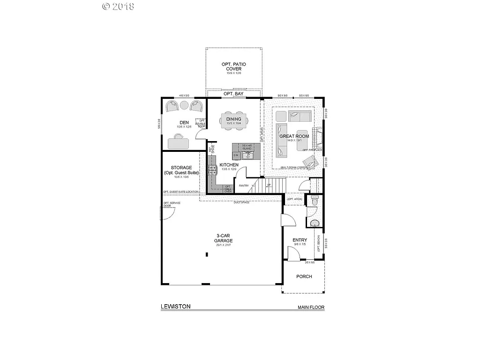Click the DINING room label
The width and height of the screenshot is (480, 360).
[233, 119]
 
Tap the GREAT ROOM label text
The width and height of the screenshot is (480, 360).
[294, 136]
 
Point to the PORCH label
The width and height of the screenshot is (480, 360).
[304, 277]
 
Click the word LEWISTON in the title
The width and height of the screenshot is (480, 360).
[175, 307]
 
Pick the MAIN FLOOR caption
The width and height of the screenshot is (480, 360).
[311, 308]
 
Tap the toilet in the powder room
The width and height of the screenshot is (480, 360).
[314, 200]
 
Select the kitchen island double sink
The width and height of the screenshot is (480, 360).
[247, 155]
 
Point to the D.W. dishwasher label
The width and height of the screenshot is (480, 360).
[236, 155]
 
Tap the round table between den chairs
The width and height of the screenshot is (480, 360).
[184, 107]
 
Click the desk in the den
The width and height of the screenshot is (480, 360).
[177, 143]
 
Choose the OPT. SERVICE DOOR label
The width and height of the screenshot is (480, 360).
[172, 205]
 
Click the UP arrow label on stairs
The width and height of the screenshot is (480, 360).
[269, 186]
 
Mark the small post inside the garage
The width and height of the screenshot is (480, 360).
[207, 255]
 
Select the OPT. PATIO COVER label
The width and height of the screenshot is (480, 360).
[233, 66]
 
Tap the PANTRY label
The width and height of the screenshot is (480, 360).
[244, 186]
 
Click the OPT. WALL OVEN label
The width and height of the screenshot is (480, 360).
[228, 189]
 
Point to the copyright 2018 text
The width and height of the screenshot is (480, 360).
[118, 6]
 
